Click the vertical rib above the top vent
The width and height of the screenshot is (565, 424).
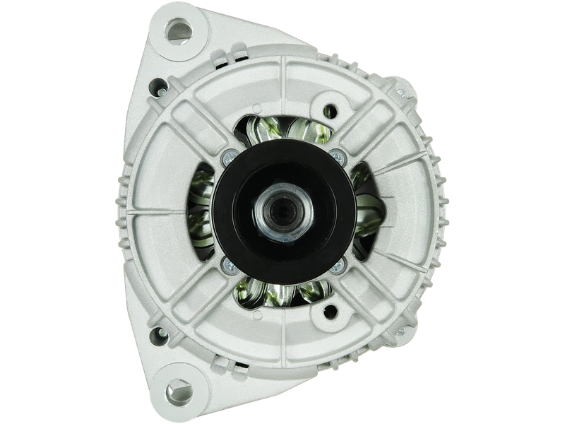283,85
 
